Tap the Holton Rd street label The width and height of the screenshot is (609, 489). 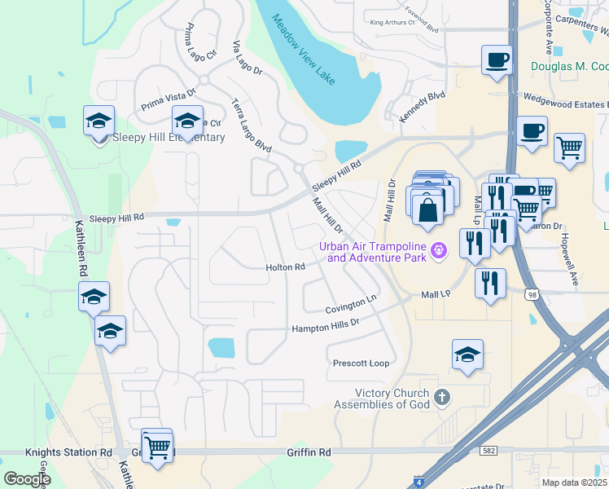(285, 267)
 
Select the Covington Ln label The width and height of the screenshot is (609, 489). (353, 304)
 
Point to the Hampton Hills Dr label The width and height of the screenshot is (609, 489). (326, 326)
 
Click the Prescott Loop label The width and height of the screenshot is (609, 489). (361, 363)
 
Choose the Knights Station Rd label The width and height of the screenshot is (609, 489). (68, 452)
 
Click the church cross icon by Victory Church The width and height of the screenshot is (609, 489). (441, 398)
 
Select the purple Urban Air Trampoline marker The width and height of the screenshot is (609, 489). (439, 250)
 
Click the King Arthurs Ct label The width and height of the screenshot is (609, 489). (392, 23)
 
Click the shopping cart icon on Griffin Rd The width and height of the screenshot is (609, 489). (157, 446)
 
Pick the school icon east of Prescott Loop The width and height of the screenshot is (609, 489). (467, 355)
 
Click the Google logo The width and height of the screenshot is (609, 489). (27, 480)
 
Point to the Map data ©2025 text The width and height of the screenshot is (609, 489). (575, 482)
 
